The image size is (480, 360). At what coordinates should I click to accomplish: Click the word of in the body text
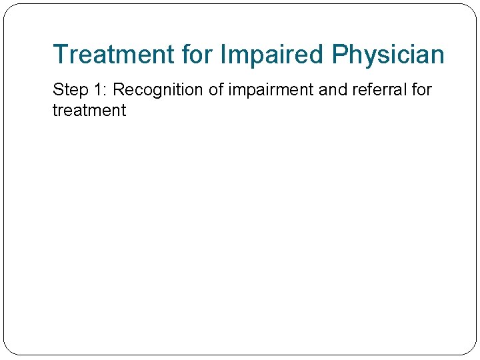(216, 89)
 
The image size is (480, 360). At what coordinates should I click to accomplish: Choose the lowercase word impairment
(271, 90)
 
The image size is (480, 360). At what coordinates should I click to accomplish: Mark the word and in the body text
(333, 89)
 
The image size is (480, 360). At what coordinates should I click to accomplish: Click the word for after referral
(421, 89)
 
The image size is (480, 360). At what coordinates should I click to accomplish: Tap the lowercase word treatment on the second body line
(89, 111)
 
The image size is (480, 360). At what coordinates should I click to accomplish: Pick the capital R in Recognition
(119, 89)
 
